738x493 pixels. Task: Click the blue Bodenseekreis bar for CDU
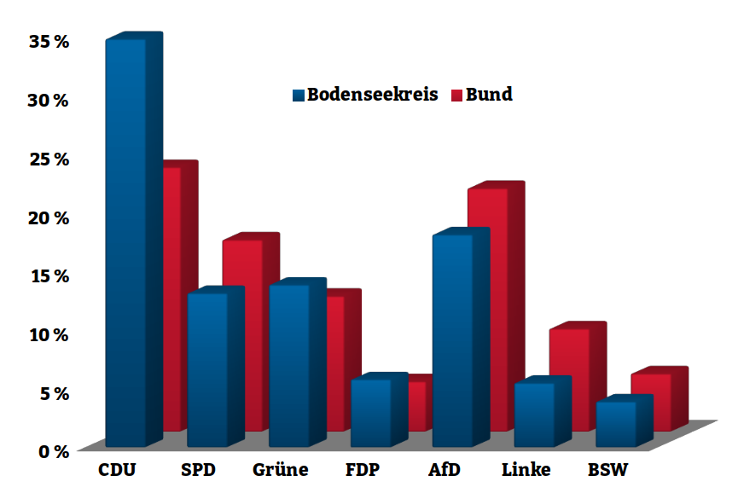pos(125,243)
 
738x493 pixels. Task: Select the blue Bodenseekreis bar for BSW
pos(615,423)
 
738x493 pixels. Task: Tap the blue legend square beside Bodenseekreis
pos(298,96)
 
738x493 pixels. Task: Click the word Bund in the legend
pos(489,95)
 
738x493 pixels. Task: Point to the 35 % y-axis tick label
pos(48,41)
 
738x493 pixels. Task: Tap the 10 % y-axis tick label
pos(48,333)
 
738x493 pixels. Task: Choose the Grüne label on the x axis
pos(280,470)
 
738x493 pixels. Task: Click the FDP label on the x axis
pos(363,470)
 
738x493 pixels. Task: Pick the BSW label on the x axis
pos(608,470)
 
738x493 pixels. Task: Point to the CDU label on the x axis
pos(117,470)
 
